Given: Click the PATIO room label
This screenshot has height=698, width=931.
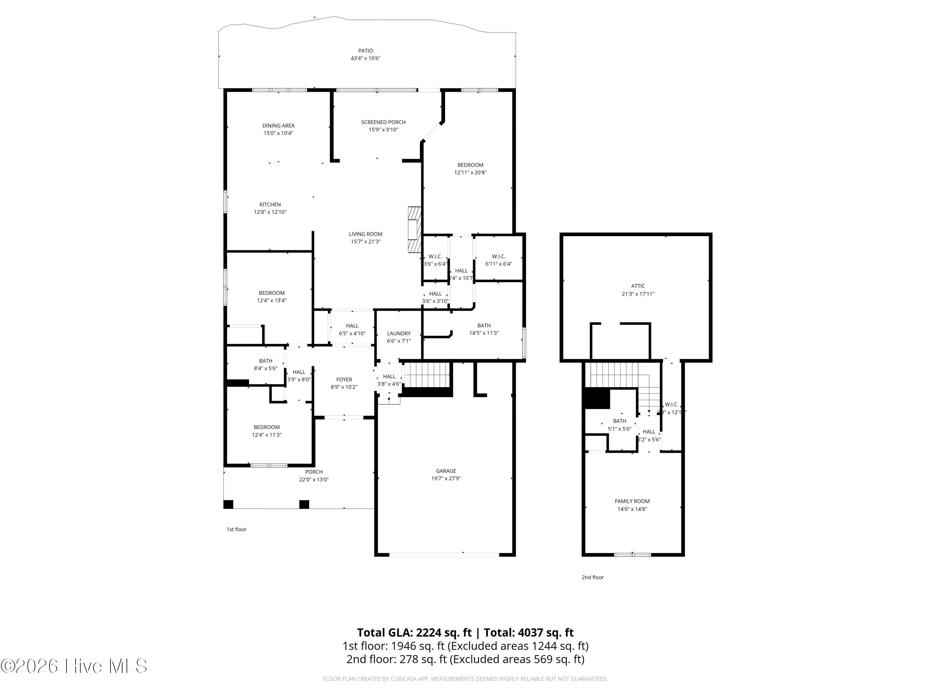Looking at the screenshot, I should point(365,51).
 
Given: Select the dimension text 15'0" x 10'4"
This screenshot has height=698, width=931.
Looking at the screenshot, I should point(278,133).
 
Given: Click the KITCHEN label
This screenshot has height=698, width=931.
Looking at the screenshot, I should point(270,205).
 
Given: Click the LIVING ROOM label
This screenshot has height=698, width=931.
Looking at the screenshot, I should point(365,234).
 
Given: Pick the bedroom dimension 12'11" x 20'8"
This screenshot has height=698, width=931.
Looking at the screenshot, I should point(470,172).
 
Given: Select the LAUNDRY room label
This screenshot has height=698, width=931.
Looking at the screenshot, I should point(398,333).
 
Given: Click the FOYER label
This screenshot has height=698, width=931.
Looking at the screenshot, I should point(344,379).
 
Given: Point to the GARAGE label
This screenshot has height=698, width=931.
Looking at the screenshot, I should point(446,471).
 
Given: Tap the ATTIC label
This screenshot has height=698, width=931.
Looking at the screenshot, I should point(638,286).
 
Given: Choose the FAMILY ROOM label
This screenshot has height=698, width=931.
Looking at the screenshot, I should point(632,501).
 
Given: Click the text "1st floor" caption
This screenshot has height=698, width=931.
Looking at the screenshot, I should point(236,529).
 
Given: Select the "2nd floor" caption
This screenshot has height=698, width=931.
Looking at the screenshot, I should point(592,577).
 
